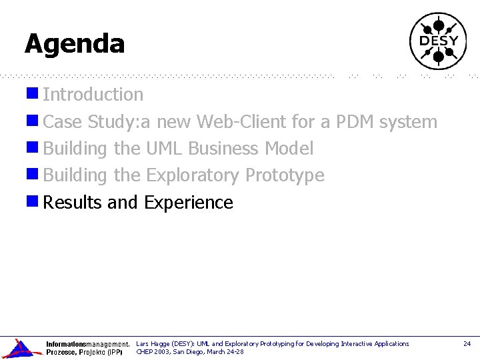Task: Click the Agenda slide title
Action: click(75, 44)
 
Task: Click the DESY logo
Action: click(438, 41)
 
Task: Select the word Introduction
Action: click(93, 95)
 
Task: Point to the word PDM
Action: click(355, 122)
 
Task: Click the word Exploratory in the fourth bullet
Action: click(193, 176)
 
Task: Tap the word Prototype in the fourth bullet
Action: click(285, 176)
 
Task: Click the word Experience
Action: click(189, 203)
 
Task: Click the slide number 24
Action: click(467, 344)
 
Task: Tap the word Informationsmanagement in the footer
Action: click(87, 344)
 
